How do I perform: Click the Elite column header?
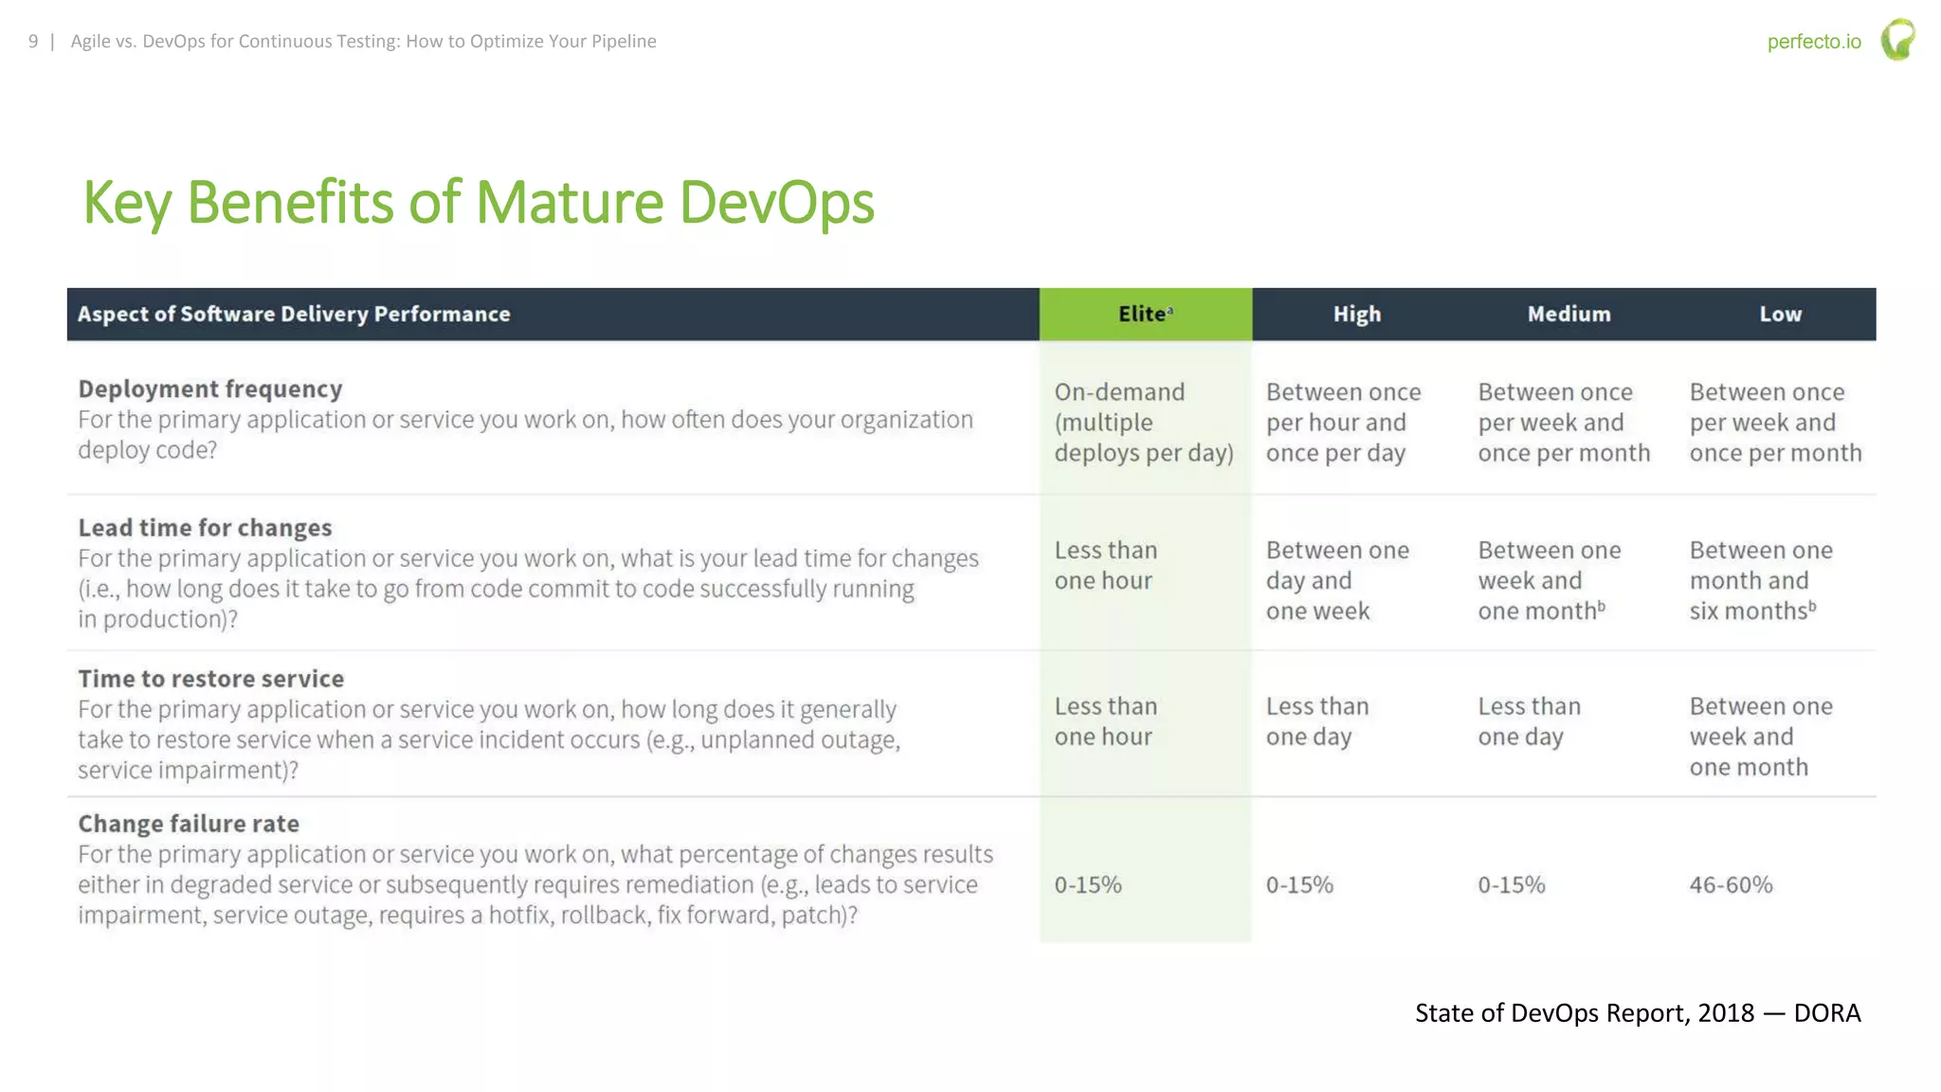(x=1144, y=314)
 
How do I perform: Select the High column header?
(x=1356, y=314)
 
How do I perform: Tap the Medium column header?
(x=1569, y=314)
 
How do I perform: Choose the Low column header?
(x=1780, y=314)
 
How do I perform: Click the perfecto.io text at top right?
(x=1813, y=42)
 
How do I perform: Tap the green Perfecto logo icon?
(x=1897, y=40)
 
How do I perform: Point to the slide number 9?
(x=33, y=41)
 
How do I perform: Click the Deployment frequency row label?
(x=209, y=389)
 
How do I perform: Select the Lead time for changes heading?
(x=205, y=527)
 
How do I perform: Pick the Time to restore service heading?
(x=210, y=679)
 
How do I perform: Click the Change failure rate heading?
(x=189, y=824)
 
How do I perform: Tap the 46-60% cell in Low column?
(x=1731, y=884)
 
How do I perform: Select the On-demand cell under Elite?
(x=1143, y=422)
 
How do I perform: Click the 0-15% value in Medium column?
(x=1511, y=884)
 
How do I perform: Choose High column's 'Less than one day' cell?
(x=1316, y=721)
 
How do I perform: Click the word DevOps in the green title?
(x=776, y=203)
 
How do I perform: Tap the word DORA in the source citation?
(x=1826, y=1012)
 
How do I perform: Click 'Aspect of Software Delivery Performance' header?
(x=294, y=314)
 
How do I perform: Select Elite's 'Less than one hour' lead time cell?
(x=1105, y=565)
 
